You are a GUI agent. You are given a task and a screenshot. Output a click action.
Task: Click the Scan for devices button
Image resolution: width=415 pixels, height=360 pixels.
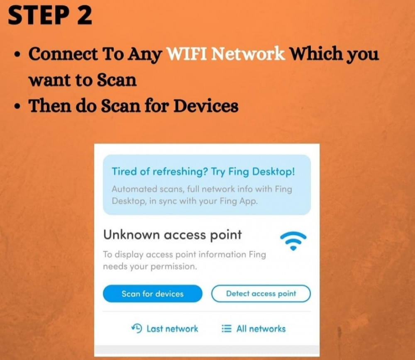pyautogui.click(x=152, y=294)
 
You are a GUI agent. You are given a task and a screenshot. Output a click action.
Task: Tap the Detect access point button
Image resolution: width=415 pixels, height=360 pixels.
pyautogui.click(x=261, y=294)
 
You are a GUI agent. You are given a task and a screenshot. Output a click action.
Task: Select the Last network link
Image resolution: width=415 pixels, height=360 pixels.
pyautogui.click(x=165, y=329)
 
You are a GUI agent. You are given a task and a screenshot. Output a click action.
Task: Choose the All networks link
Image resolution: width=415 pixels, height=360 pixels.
pyautogui.click(x=254, y=329)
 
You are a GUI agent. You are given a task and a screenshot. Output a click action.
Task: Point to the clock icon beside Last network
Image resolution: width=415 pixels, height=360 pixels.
pyautogui.click(x=137, y=328)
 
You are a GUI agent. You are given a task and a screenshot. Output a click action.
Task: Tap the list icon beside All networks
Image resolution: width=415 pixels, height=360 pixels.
pyautogui.click(x=226, y=329)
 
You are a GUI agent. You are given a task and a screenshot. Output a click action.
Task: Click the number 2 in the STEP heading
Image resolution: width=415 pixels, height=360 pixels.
pyautogui.click(x=84, y=16)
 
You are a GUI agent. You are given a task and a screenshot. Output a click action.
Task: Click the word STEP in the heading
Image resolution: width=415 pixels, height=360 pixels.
pyautogui.click(x=38, y=16)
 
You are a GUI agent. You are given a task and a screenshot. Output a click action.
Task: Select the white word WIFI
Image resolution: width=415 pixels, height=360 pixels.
pyautogui.click(x=187, y=54)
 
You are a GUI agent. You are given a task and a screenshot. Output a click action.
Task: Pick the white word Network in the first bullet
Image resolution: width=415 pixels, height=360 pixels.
pyautogui.click(x=248, y=54)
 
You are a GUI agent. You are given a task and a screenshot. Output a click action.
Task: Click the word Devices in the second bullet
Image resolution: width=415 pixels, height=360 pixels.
pyautogui.click(x=206, y=106)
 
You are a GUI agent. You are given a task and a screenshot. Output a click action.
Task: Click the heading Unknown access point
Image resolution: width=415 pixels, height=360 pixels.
pyautogui.click(x=173, y=235)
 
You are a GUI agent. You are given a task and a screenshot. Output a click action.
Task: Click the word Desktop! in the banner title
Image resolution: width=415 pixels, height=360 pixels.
pyautogui.click(x=273, y=172)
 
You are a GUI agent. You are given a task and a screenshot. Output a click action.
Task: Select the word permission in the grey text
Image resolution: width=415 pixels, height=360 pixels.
pyautogui.click(x=174, y=267)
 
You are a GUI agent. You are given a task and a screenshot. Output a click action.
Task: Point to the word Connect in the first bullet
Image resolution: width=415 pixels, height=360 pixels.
pyautogui.click(x=63, y=54)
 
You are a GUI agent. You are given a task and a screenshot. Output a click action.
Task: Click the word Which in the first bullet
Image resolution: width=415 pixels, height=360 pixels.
pyautogui.click(x=317, y=54)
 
